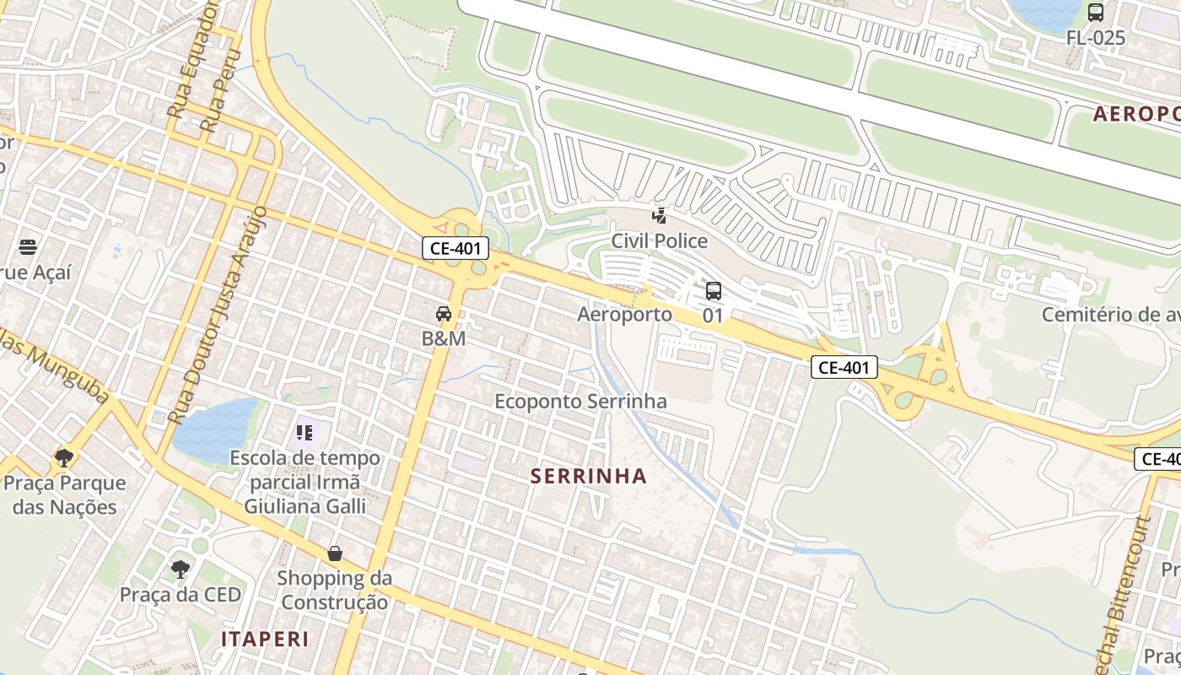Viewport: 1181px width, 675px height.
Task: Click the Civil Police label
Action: click(660, 241)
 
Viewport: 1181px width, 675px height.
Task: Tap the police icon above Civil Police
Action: click(660, 217)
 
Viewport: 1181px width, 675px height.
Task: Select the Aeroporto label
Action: click(624, 315)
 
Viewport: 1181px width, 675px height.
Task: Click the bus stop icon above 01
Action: click(714, 292)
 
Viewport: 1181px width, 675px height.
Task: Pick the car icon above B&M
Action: click(444, 315)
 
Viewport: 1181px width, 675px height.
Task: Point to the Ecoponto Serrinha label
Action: click(580, 402)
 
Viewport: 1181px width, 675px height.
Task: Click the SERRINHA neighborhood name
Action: click(589, 476)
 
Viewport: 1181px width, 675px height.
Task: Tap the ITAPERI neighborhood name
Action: click(265, 639)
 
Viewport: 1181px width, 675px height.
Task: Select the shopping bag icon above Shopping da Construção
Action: click(335, 553)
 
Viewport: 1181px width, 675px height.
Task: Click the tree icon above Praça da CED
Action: click(180, 570)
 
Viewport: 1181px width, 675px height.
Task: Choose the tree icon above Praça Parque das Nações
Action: click(63, 458)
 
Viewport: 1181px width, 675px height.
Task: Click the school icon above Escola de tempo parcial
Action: click(305, 434)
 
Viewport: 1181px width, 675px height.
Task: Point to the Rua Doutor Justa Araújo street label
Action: click(218, 314)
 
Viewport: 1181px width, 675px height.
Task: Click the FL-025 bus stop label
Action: click(1095, 38)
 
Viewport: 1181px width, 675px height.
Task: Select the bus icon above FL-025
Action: click(1096, 13)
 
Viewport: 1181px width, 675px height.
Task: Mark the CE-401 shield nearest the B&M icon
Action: click(456, 248)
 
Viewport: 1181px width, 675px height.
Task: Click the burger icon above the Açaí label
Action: click(28, 247)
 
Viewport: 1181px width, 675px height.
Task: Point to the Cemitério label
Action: click(1110, 315)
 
